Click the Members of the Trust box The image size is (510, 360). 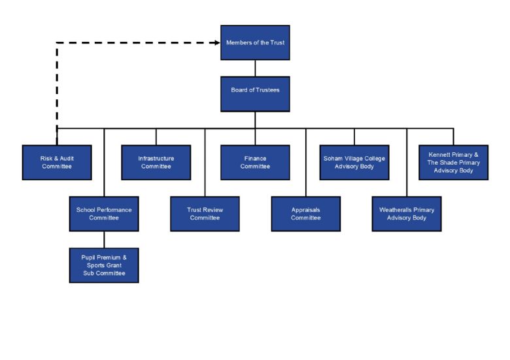[x=255, y=42]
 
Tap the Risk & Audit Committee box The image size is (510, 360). [x=57, y=162]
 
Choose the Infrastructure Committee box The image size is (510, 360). [x=156, y=162]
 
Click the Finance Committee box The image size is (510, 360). [x=255, y=162]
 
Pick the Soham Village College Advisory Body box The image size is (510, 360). [x=354, y=162]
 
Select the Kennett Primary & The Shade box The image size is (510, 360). [x=453, y=162]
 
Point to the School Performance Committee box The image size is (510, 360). [x=104, y=214]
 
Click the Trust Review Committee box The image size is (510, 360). [x=205, y=214]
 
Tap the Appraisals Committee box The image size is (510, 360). [x=305, y=214]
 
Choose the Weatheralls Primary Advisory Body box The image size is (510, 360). [x=407, y=214]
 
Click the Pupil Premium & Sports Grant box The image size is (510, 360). [x=104, y=265]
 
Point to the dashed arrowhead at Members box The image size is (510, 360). [x=216, y=42]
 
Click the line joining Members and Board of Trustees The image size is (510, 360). [x=255, y=68]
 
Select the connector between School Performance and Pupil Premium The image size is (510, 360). [x=104, y=238]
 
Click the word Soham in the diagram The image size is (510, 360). [x=333, y=158]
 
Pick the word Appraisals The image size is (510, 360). [x=305, y=210]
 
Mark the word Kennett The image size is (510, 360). [x=441, y=154]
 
